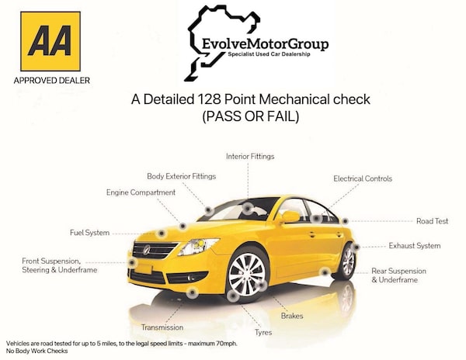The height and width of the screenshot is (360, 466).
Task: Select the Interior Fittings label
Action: [250, 157]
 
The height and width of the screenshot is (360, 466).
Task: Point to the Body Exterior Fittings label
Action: [181, 176]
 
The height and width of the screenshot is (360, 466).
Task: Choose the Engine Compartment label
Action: [141, 192]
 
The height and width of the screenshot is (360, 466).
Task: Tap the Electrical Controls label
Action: [363, 178]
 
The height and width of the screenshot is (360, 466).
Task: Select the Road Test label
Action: [432, 221]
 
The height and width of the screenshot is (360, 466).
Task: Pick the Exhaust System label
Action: [415, 246]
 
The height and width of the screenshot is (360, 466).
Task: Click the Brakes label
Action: [292, 316]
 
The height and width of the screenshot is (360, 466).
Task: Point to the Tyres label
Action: [263, 331]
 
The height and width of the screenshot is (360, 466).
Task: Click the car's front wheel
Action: [247, 274]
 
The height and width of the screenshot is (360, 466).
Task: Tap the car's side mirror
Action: [288, 216]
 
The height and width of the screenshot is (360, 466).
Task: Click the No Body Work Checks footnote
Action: [36, 351]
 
